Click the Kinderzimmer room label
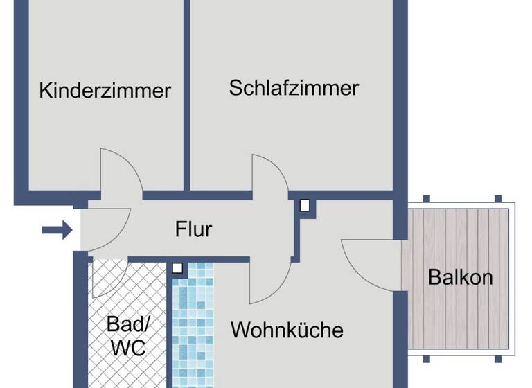point(105,90)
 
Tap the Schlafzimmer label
point(294,88)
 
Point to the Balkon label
point(460,277)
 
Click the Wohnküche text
point(287,329)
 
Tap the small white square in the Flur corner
point(304,205)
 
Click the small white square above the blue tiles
point(178,267)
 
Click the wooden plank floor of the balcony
point(457,236)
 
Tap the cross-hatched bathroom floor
point(128,298)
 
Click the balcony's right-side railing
point(513,277)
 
